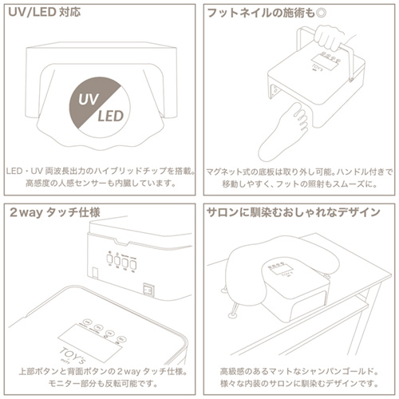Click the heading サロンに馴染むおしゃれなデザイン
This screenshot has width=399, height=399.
293,214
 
